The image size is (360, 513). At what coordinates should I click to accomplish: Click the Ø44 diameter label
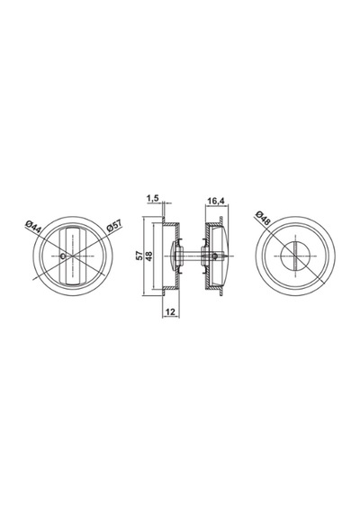[x=32, y=228]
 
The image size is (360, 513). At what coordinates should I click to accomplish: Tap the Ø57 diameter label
[x=114, y=226]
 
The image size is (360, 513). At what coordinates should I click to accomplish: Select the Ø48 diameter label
[x=263, y=218]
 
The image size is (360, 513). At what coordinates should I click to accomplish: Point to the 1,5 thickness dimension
[x=152, y=198]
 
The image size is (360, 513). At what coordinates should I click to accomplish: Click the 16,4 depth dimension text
[x=216, y=201]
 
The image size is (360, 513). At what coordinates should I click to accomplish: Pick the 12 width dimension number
[x=170, y=311]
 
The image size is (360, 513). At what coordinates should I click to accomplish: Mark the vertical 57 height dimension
[x=139, y=256]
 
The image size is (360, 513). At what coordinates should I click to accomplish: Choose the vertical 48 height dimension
[x=149, y=256]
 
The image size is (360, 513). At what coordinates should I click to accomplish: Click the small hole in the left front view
[x=64, y=256]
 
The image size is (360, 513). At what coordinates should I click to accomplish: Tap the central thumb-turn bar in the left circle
[x=73, y=256]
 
